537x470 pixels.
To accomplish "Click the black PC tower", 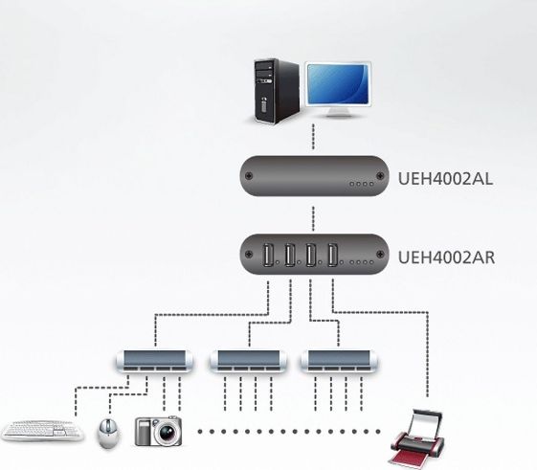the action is pyautogui.click(x=277, y=91).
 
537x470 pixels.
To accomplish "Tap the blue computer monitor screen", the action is pyautogui.click(x=338, y=84).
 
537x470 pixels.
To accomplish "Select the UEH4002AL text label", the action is pyautogui.click(x=445, y=179).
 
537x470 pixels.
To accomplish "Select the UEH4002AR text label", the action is pyautogui.click(x=446, y=257).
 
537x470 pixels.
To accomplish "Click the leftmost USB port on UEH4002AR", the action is pyautogui.click(x=267, y=255).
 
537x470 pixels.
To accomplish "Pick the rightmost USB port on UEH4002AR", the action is pyautogui.click(x=333, y=255).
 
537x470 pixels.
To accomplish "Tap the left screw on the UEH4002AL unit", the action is pyautogui.click(x=249, y=176).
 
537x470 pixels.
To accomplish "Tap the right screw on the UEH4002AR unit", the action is pyautogui.click(x=380, y=255).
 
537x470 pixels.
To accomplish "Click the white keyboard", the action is pyautogui.click(x=42, y=430).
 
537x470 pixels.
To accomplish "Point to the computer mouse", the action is pyautogui.click(x=109, y=433).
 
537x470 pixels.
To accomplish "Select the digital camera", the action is pyautogui.click(x=158, y=431).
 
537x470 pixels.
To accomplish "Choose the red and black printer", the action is pyautogui.click(x=417, y=439).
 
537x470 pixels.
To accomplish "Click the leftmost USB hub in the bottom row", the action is pyautogui.click(x=154, y=361).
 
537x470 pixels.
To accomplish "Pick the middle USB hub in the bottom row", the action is pyautogui.click(x=248, y=361).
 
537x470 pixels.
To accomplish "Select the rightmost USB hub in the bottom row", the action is pyautogui.click(x=339, y=361).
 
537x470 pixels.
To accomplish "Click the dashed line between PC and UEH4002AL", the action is pyautogui.click(x=313, y=137).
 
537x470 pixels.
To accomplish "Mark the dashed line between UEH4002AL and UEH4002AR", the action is pyautogui.click(x=313, y=218).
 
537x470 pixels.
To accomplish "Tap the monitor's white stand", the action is pyautogui.click(x=338, y=111).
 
